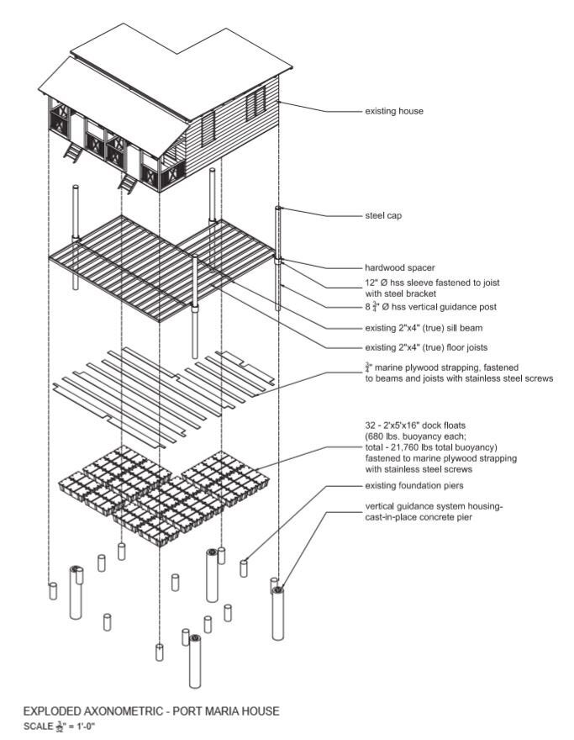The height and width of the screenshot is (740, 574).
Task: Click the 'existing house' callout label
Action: click(x=393, y=111)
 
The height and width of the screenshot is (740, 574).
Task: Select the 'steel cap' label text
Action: click(x=383, y=216)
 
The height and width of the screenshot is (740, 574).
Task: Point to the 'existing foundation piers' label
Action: click(x=414, y=486)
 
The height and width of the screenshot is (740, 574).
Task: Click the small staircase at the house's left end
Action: click(x=73, y=151)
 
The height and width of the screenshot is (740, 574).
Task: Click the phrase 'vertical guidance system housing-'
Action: click(x=432, y=507)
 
